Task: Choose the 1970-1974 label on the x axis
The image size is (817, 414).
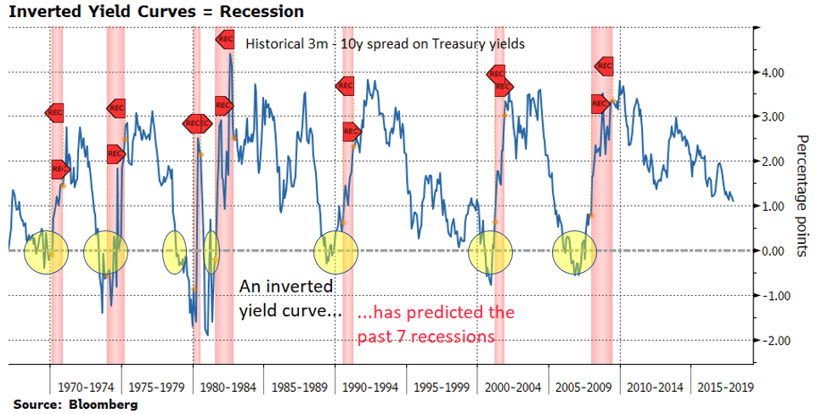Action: tap(86, 388)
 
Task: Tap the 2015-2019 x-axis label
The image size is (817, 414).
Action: tap(724, 388)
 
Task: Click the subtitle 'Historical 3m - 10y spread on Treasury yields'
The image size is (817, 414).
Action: tap(385, 43)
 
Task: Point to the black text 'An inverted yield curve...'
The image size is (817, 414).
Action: tap(289, 298)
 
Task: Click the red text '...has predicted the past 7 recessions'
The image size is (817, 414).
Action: tap(435, 324)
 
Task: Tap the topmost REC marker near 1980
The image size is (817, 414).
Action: tap(225, 38)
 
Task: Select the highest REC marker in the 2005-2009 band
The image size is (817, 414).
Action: tap(605, 65)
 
